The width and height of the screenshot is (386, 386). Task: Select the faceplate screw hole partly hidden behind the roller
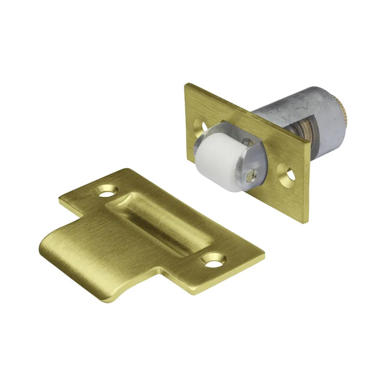pyautogui.click(x=199, y=126)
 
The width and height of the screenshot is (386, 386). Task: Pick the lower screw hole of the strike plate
pyautogui.click(x=215, y=259)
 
